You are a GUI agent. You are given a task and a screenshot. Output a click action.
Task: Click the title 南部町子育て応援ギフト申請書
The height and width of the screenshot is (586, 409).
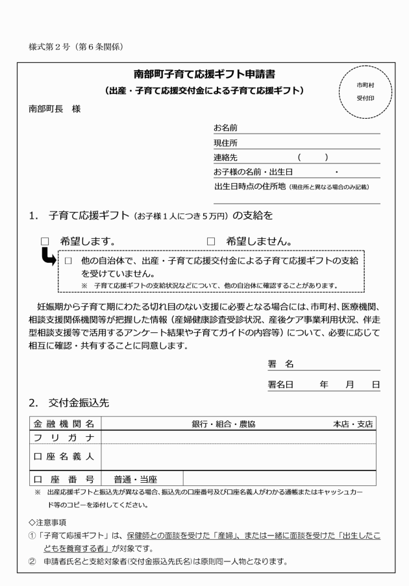pos(204,73)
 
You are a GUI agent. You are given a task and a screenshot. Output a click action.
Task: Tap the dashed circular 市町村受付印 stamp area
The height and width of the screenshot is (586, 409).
pos(365,92)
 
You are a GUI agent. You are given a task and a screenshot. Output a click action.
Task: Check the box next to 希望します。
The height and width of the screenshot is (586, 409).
pos(45,241)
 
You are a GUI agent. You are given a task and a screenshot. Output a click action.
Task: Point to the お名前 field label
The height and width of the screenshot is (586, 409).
pos(225,128)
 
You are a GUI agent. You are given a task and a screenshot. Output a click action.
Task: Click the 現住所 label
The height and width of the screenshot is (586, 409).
pos(225,143)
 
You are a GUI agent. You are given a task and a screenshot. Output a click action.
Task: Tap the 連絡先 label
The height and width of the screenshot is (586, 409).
pos(225,158)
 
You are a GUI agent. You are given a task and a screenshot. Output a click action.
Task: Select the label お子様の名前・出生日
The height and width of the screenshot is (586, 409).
pos(253,172)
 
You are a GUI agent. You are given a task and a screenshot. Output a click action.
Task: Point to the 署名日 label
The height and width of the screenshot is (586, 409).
pos(281,385)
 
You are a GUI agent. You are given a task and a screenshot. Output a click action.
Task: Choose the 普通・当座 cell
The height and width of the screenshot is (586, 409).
pos(135,480)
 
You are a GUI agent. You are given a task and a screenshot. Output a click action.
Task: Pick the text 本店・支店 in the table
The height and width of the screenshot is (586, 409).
pos(353,424)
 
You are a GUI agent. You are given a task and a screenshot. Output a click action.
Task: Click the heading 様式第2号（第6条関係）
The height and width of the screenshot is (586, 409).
pos(76,47)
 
